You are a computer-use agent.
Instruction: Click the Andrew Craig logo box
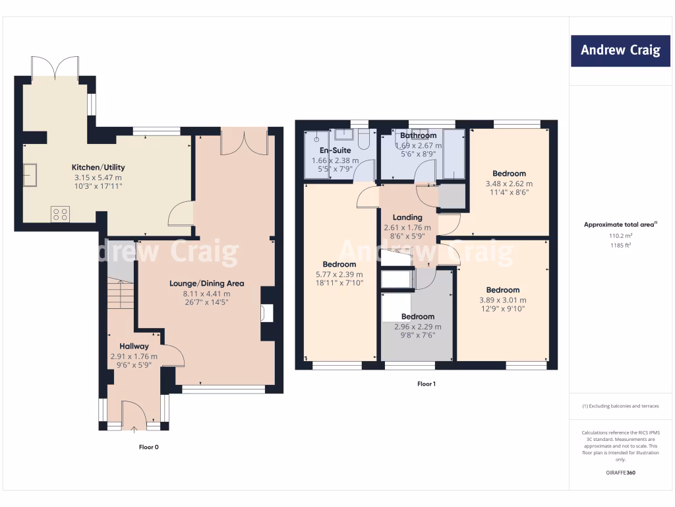620,50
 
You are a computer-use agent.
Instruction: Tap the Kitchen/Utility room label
98,168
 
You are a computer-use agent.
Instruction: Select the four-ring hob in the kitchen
60,214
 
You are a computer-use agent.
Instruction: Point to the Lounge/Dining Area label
206,283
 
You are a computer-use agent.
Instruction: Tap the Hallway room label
134,346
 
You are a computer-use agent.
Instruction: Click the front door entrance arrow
134,430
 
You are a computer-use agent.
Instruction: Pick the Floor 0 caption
148,447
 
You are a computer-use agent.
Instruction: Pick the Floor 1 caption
426,384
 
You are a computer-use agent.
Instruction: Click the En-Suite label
335,150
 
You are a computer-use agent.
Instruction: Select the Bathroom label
418,135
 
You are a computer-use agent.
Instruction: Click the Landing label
407,217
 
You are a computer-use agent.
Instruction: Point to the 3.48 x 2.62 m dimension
508,184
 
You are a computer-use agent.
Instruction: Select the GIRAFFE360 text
620,473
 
